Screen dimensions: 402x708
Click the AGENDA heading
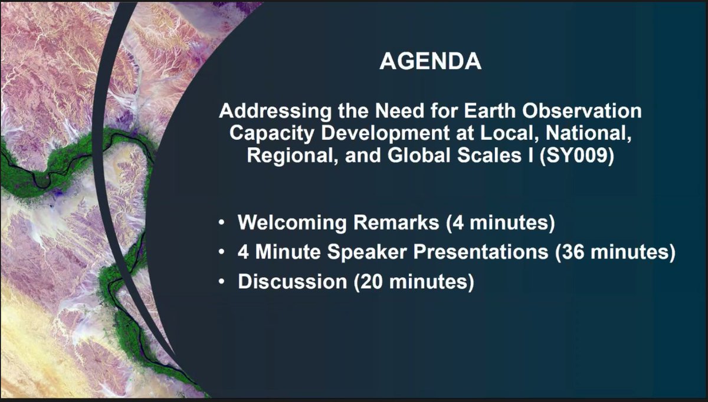coord(430,62)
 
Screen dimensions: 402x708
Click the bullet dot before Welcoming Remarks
coord(221,224)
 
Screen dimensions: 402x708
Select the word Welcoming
coord(290,224)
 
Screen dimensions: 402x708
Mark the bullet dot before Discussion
coord(221,282)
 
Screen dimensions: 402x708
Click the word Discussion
coord(292,282)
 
